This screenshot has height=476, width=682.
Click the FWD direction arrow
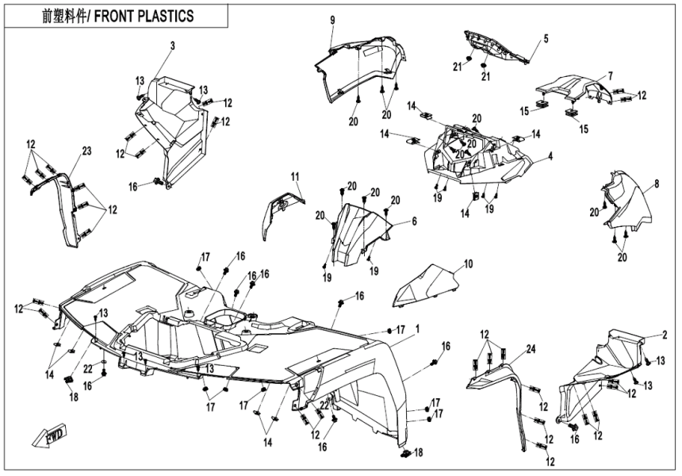coord(48,435)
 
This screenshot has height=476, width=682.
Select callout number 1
coord(418,328)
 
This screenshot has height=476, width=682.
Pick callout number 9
coord(332,20)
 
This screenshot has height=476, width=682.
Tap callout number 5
coord(546,38)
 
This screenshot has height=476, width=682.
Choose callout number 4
coord(550,157)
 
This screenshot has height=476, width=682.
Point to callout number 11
coord(293,175)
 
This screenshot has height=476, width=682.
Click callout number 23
coord(86,151)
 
